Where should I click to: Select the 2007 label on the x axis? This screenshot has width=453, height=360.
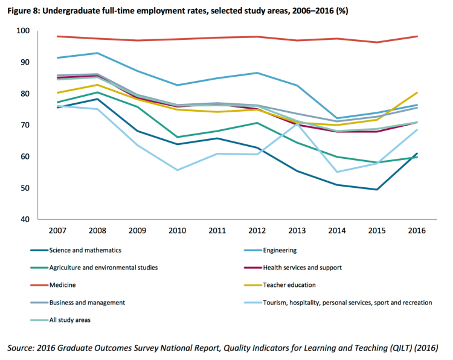[x=57, y=231]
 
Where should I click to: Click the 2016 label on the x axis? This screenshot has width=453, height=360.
[x=417, y=231]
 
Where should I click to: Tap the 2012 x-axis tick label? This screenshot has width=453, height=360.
[x=257, y=231]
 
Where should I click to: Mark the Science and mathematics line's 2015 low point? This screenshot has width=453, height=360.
[x=377, y=190]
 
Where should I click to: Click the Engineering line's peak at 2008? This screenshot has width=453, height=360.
[x=97, y=53]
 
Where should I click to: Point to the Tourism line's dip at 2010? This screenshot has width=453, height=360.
[x=177, y=170]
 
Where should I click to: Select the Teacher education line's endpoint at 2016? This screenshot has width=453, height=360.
[x=417, y=92]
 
